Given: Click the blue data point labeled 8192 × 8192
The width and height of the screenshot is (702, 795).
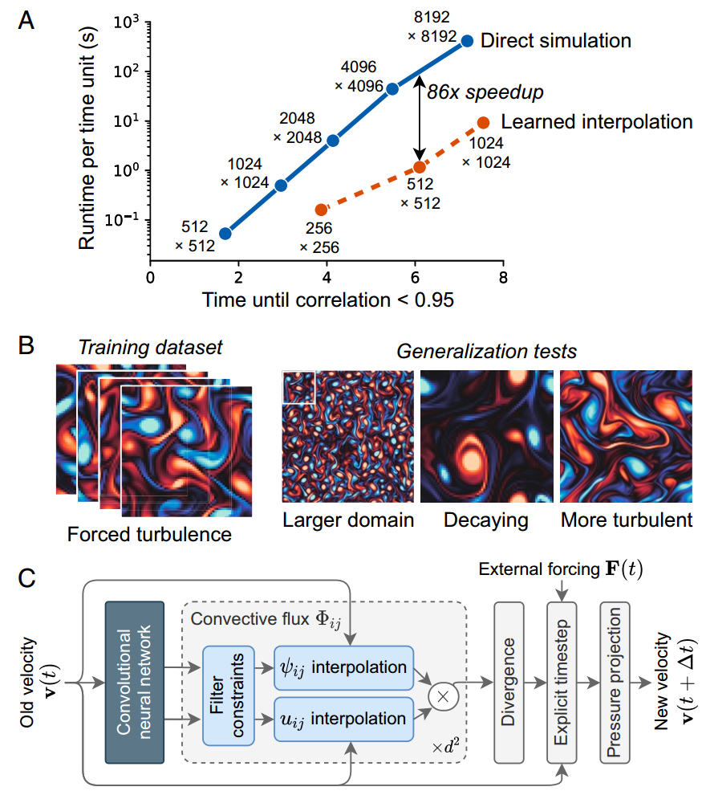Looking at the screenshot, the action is (x=467, y=41).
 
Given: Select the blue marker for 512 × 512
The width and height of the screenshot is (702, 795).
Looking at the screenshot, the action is (x=225, y=233).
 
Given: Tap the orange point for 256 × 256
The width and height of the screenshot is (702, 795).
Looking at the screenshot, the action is (x=321, y=210).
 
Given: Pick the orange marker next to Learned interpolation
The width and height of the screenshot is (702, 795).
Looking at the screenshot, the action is (x=483, y=123).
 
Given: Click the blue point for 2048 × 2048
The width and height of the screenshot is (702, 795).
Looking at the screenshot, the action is (x=333, y=141).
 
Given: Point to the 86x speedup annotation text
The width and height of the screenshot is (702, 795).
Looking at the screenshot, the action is (x=485, y=92).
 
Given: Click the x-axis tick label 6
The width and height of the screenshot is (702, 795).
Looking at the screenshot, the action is (x=416, y=277).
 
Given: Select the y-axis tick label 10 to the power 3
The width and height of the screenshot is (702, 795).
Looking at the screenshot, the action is (x=126, y=22).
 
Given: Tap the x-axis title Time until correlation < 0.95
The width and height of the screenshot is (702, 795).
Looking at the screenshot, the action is (x=327, y=300).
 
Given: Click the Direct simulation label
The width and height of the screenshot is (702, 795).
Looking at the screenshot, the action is (x=556, y=41).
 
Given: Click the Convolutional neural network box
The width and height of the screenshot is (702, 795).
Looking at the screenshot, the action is (x=135, y=682).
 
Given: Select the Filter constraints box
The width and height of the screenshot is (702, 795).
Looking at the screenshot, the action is (x=229, y=695).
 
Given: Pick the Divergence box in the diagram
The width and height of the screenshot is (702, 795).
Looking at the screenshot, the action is (x=509, y=682).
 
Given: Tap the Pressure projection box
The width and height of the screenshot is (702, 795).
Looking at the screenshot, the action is (x=615, y=682).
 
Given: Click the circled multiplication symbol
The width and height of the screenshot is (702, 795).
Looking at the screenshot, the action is (x=443, y=696).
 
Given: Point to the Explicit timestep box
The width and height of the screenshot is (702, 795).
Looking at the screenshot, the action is (x=562, y=682).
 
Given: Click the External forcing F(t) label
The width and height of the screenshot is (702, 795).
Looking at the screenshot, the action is (x=561, y=569).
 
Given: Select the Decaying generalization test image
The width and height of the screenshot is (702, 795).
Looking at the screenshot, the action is (x=487, y=436).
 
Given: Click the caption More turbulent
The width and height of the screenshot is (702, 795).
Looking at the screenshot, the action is (x=627, y=520).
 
